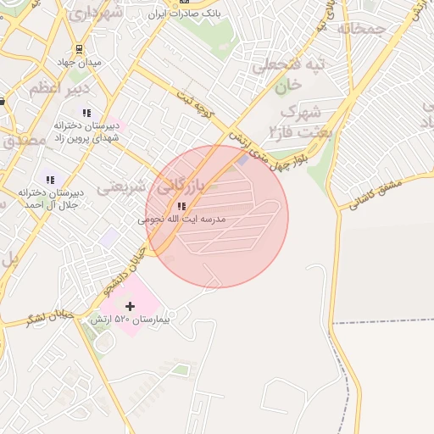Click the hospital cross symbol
(x=130, y=305)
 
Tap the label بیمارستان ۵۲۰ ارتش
(x=130, y=321)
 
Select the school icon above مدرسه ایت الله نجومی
(x=181, y=206)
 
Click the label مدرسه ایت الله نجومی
(x=181, y=219)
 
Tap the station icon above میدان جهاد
(x=79, y=49)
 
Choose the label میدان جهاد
(x=79, y=62)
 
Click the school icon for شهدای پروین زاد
(x=86, y=113)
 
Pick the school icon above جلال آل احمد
(x=51, y=180)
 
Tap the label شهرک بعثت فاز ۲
(x=301, y=121)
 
